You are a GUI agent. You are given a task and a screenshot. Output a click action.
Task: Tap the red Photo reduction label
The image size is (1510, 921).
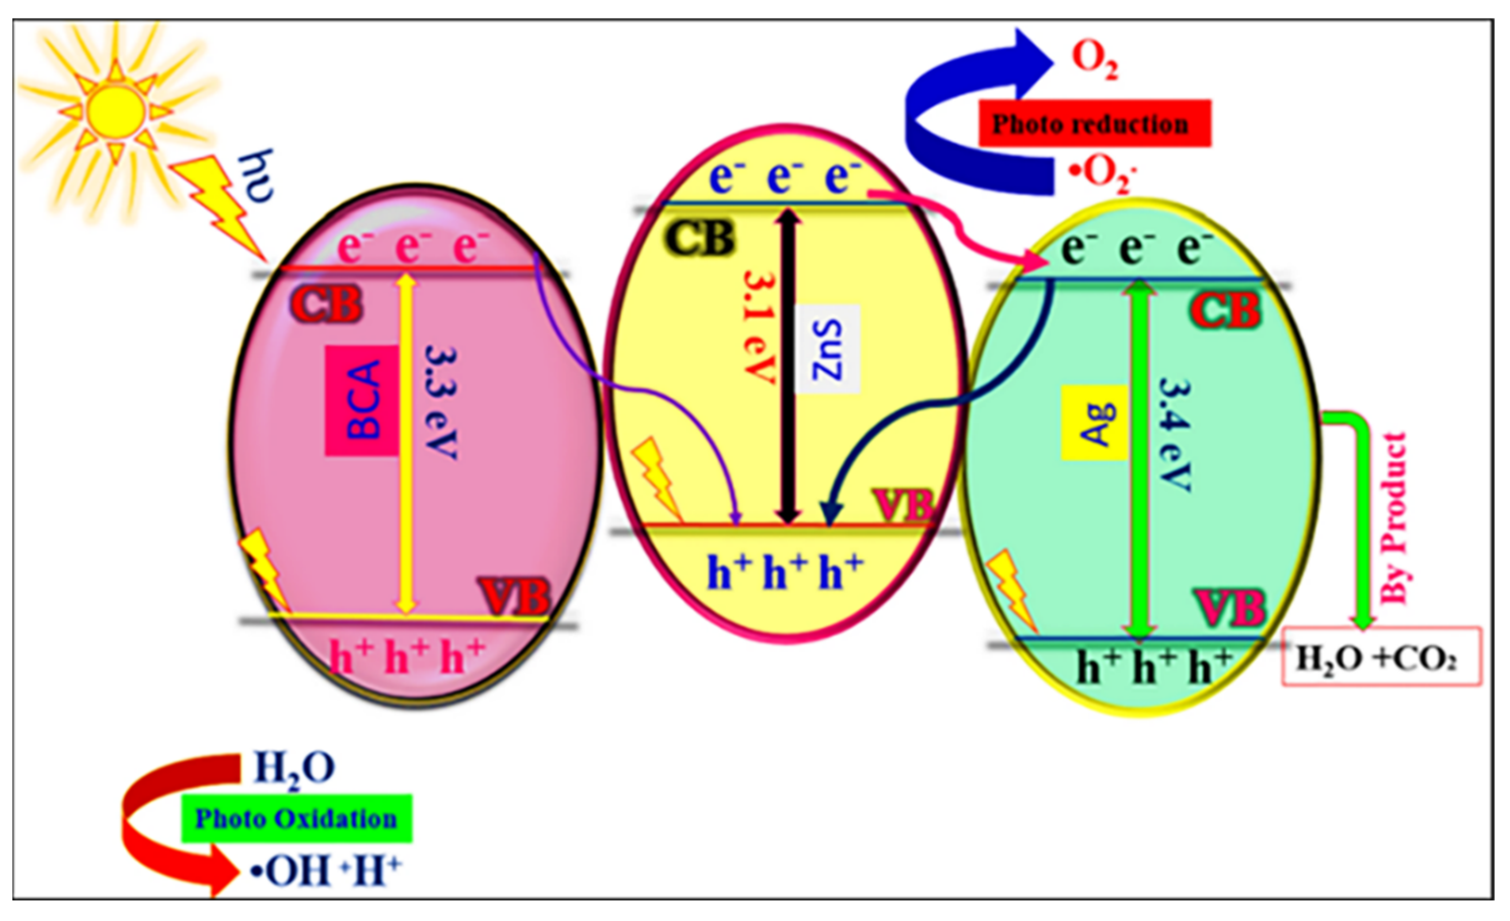(1094, 123)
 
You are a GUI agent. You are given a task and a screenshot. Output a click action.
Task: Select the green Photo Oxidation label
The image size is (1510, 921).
(297, 819)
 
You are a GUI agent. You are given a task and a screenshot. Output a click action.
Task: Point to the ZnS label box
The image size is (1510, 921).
(827, 349)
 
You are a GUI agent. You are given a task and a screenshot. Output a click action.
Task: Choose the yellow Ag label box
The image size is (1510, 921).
(1094, 422)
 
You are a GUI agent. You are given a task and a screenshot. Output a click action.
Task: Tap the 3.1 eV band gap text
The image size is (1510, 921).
(760, 327)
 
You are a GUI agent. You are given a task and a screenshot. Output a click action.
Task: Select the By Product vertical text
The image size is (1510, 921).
(1394, 518)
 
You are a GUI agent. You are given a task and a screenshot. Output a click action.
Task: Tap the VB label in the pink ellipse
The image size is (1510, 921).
(515, 596)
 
